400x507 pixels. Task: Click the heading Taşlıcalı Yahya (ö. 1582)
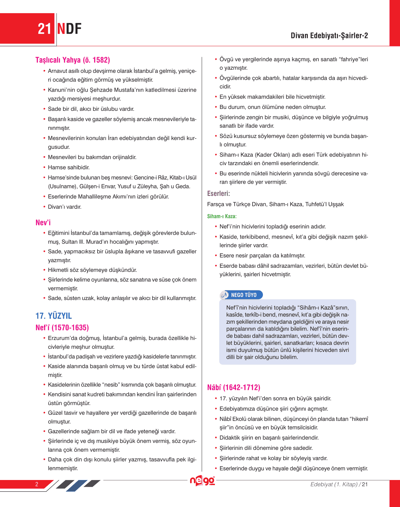click(x=72, y=60)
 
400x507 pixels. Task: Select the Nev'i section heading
click(x=43, y=223)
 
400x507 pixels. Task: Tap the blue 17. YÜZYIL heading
click(x=54, y=316)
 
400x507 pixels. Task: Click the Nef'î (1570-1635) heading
click(x=62, y=328)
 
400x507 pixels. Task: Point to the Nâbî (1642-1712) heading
click(x=234, y=387)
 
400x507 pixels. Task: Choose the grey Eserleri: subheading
click(x=218, y=194)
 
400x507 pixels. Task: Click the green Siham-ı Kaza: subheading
click(x=222, y=216)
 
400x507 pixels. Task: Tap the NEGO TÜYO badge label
click(x=244, y=295)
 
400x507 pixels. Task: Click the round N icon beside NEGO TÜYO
click(x=225, y=295)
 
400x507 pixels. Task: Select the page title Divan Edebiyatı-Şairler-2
click(x=329, y=35)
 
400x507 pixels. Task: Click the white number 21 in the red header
click(x=44, y=29)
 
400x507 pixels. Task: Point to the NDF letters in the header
click(x=69, y=29)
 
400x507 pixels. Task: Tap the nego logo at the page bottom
click(x=202, y=481)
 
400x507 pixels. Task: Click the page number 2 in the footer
click(x=37, y=484)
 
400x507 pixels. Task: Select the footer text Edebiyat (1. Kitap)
click(x=334, y=484)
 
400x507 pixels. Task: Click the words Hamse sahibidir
click(x=69, y=167)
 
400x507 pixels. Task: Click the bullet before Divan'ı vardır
click(x=45, y=207)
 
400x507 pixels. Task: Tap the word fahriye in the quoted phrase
click(x=350, y=59)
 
